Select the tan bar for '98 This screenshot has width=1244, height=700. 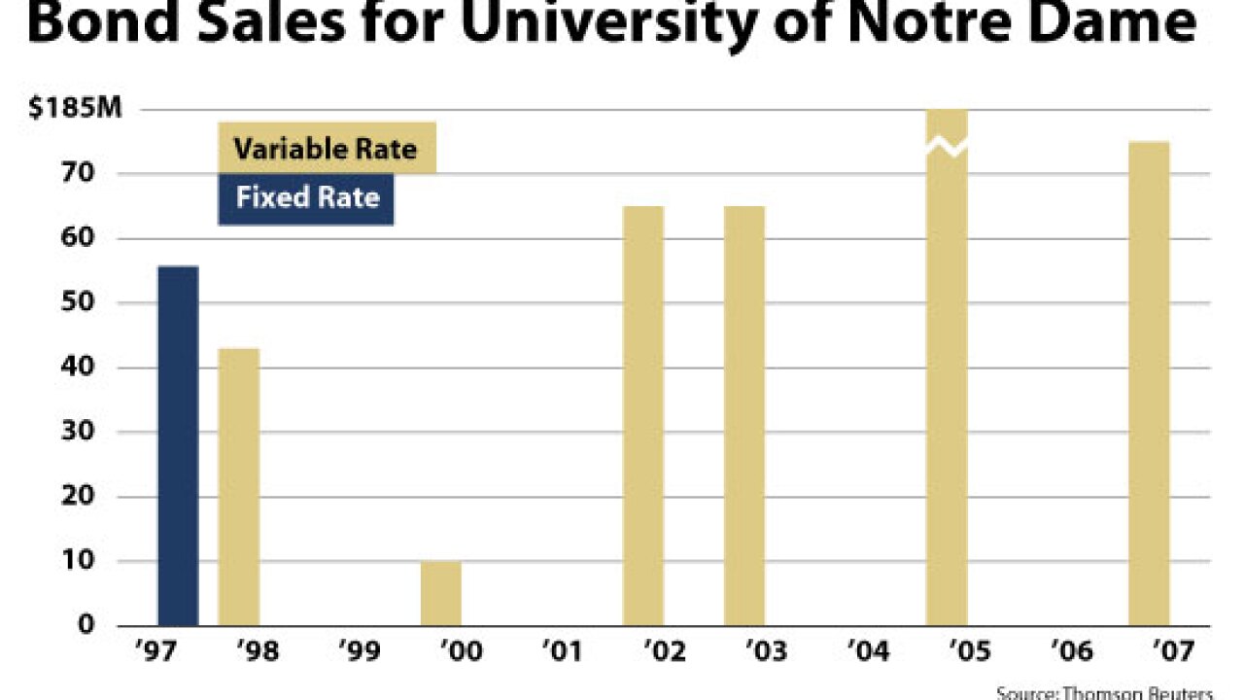(238, 486)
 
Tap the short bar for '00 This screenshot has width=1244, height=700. (441, 593)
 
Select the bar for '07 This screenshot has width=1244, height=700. (1149, 383)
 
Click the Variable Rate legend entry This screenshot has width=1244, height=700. (327, 149)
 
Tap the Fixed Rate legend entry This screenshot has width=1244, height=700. (306, 198)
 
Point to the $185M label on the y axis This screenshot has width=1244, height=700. (75, 109)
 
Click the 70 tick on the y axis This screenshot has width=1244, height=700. (85, 174)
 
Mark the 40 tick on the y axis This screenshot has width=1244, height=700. (85, 367)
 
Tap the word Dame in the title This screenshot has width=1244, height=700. (1118, 23)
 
